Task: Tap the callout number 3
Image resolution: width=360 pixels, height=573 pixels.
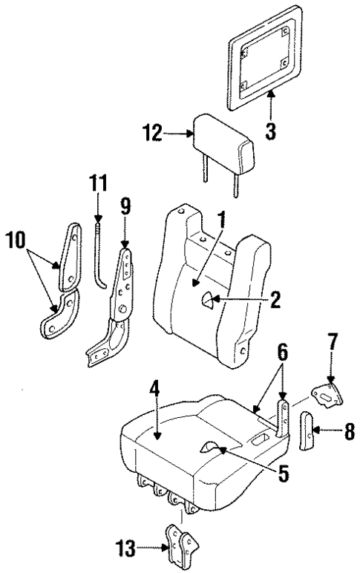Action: pos(270,133)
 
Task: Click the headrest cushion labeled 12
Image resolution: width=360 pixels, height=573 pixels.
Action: pos(223,145)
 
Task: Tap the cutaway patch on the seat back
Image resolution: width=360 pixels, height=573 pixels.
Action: pos(207,301)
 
